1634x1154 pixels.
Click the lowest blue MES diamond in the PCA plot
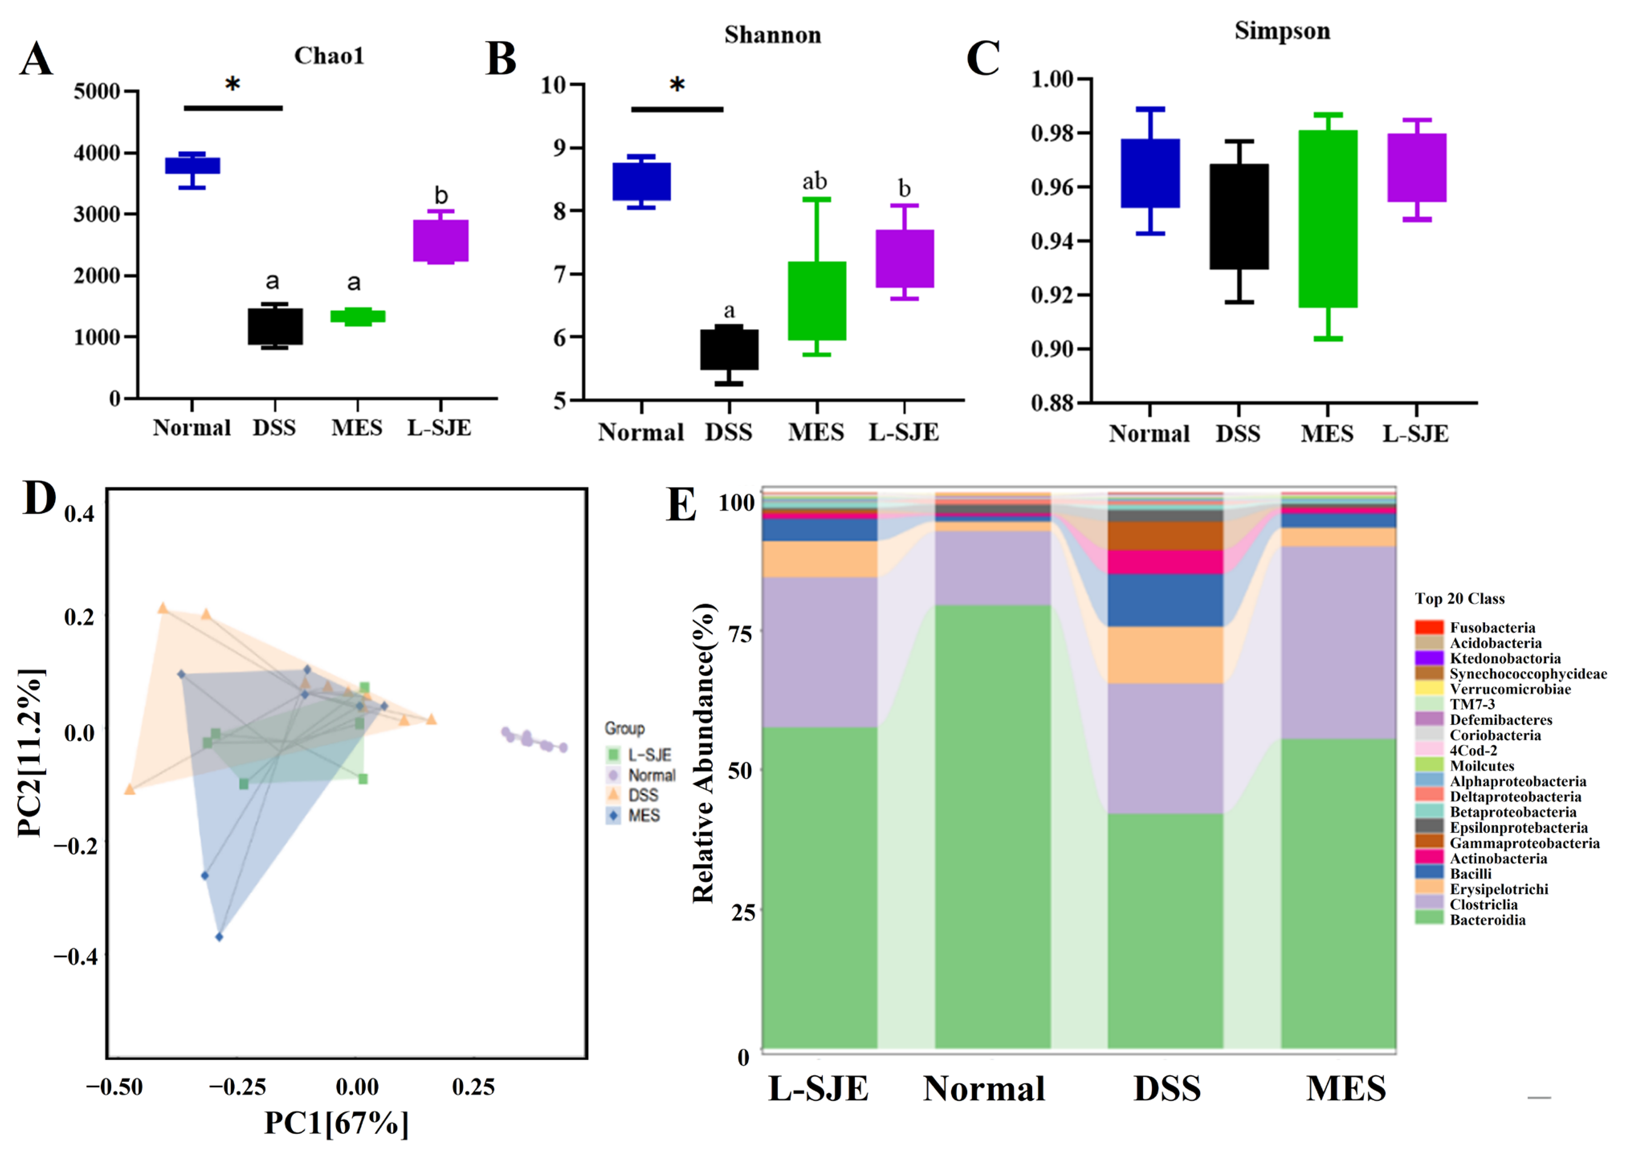219,937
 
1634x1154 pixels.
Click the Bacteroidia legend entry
1487,920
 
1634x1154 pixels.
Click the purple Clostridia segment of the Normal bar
992,568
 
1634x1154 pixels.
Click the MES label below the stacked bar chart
1346,1089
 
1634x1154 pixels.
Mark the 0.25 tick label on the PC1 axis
473,1087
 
